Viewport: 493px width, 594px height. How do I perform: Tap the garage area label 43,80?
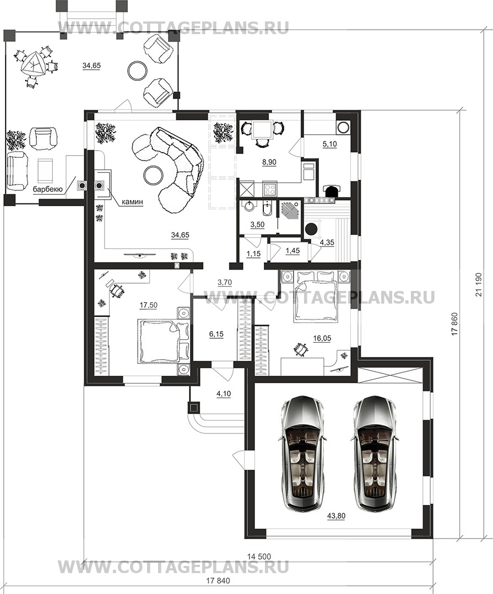335,516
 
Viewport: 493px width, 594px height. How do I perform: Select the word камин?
132,202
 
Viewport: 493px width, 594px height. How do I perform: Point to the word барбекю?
48,189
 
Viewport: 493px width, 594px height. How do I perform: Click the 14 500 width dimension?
259,557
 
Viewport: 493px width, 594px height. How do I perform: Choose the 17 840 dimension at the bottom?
218,581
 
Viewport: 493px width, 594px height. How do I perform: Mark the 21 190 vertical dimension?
478,285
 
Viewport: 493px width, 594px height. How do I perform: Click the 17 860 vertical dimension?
456,324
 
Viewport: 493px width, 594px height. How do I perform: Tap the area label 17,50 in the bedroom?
148,305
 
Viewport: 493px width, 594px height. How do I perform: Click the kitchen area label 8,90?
269,162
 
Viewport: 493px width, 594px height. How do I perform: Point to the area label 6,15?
216,334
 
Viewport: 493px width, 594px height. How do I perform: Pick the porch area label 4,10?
224,394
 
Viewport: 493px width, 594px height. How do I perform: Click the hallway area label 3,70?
224,282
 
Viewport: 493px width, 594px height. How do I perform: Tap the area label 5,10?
330,144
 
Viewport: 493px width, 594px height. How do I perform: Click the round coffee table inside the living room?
153,174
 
